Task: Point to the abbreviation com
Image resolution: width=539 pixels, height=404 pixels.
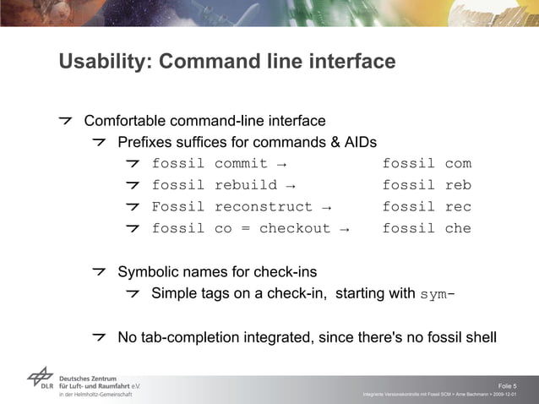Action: point(458,163)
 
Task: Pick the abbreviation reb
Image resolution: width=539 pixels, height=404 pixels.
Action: point(458,185)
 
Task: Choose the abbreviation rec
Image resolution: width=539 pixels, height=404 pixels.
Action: point(458,207)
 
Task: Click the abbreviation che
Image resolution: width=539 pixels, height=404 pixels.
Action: point(458,228)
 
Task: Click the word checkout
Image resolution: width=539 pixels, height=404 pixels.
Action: point(295,228)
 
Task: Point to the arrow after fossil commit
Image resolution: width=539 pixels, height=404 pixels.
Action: point(280,164)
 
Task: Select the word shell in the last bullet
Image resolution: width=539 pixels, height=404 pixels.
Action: point(479,338)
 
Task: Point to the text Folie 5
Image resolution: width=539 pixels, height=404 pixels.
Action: point(508,385)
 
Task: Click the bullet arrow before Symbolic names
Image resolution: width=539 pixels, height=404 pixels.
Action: point(100,271)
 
